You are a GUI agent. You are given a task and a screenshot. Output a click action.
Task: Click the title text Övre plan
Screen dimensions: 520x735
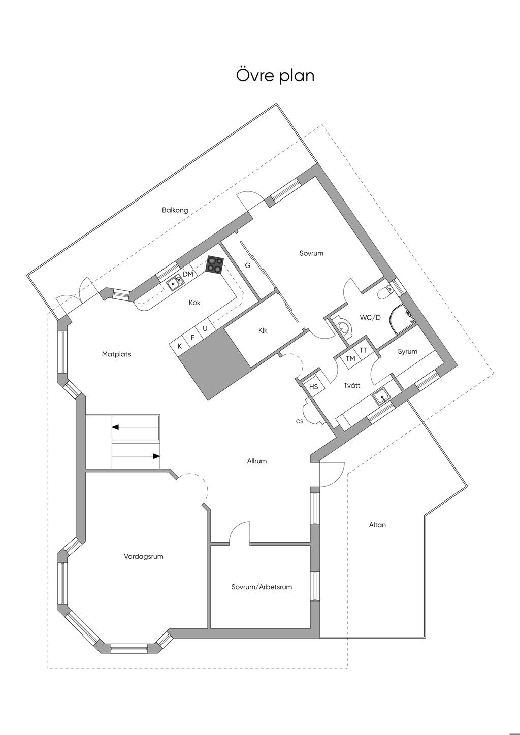point(275,75)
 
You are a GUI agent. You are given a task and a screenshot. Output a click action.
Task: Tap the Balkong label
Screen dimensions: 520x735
point(175,210)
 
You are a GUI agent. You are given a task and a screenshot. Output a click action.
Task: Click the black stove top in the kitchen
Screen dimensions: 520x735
point(215,264)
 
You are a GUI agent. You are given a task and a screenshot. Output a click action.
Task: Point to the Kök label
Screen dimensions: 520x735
point(194,302)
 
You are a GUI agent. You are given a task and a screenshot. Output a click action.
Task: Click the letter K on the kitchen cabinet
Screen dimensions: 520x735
point(180,346)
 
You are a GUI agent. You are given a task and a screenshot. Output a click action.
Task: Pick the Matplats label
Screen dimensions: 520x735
point(116,354)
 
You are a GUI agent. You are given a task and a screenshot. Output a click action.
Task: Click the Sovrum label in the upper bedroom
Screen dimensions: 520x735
point(311,253)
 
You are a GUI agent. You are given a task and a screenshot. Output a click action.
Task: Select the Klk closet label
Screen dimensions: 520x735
point(263,330)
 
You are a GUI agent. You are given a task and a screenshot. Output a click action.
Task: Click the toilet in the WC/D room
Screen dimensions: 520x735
point(384,292)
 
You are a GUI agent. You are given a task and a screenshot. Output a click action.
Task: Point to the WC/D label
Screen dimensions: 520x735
point(370,317)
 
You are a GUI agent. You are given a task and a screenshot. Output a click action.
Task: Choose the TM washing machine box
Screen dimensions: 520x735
point(350,359)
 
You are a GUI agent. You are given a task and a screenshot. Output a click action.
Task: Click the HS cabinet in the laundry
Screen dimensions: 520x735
point(314,386)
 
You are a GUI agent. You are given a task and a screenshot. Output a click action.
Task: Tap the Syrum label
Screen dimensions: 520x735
point(407,352)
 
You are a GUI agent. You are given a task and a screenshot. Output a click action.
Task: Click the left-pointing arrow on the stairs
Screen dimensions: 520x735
point(136,427)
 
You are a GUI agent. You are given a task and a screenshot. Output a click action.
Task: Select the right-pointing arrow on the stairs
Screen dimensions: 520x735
point(136,456)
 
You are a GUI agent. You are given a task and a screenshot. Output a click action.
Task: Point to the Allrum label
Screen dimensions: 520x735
point(257,461)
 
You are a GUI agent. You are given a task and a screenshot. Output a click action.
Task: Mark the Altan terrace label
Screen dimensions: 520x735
point(377,525)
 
